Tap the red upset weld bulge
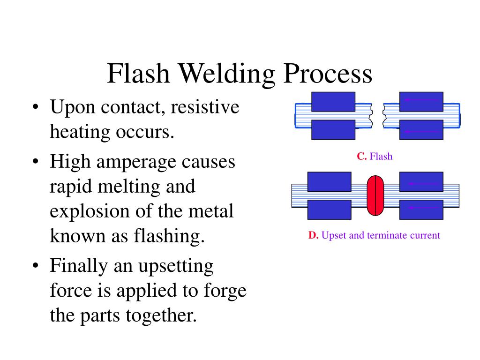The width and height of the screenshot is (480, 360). pyautogui.click(x=375, y=195)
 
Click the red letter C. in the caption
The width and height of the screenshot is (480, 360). pyautogui.click(x=361, y=157)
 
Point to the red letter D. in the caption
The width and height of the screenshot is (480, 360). pyautogui.click(x=313, y=235)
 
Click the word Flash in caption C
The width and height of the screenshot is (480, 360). pyautogui.click(x=381, y=157)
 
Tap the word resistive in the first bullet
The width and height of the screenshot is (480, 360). pyautogui.click(x=205, y=107)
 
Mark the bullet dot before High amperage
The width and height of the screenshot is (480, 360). pyautogui.click(x=36, y=163)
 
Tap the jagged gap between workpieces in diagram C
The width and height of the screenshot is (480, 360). pyautogui.click(x=378, y=116)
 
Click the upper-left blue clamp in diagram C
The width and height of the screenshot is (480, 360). pyautogui.click(x=333, y=101)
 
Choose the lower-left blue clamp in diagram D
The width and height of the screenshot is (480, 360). pyautogui.click(x=329, y=210)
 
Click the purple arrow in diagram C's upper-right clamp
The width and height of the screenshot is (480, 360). pyautogui.click(x=421, y=100)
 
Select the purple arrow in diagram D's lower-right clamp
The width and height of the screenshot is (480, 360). pyautogui.click(x=421, y=207)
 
